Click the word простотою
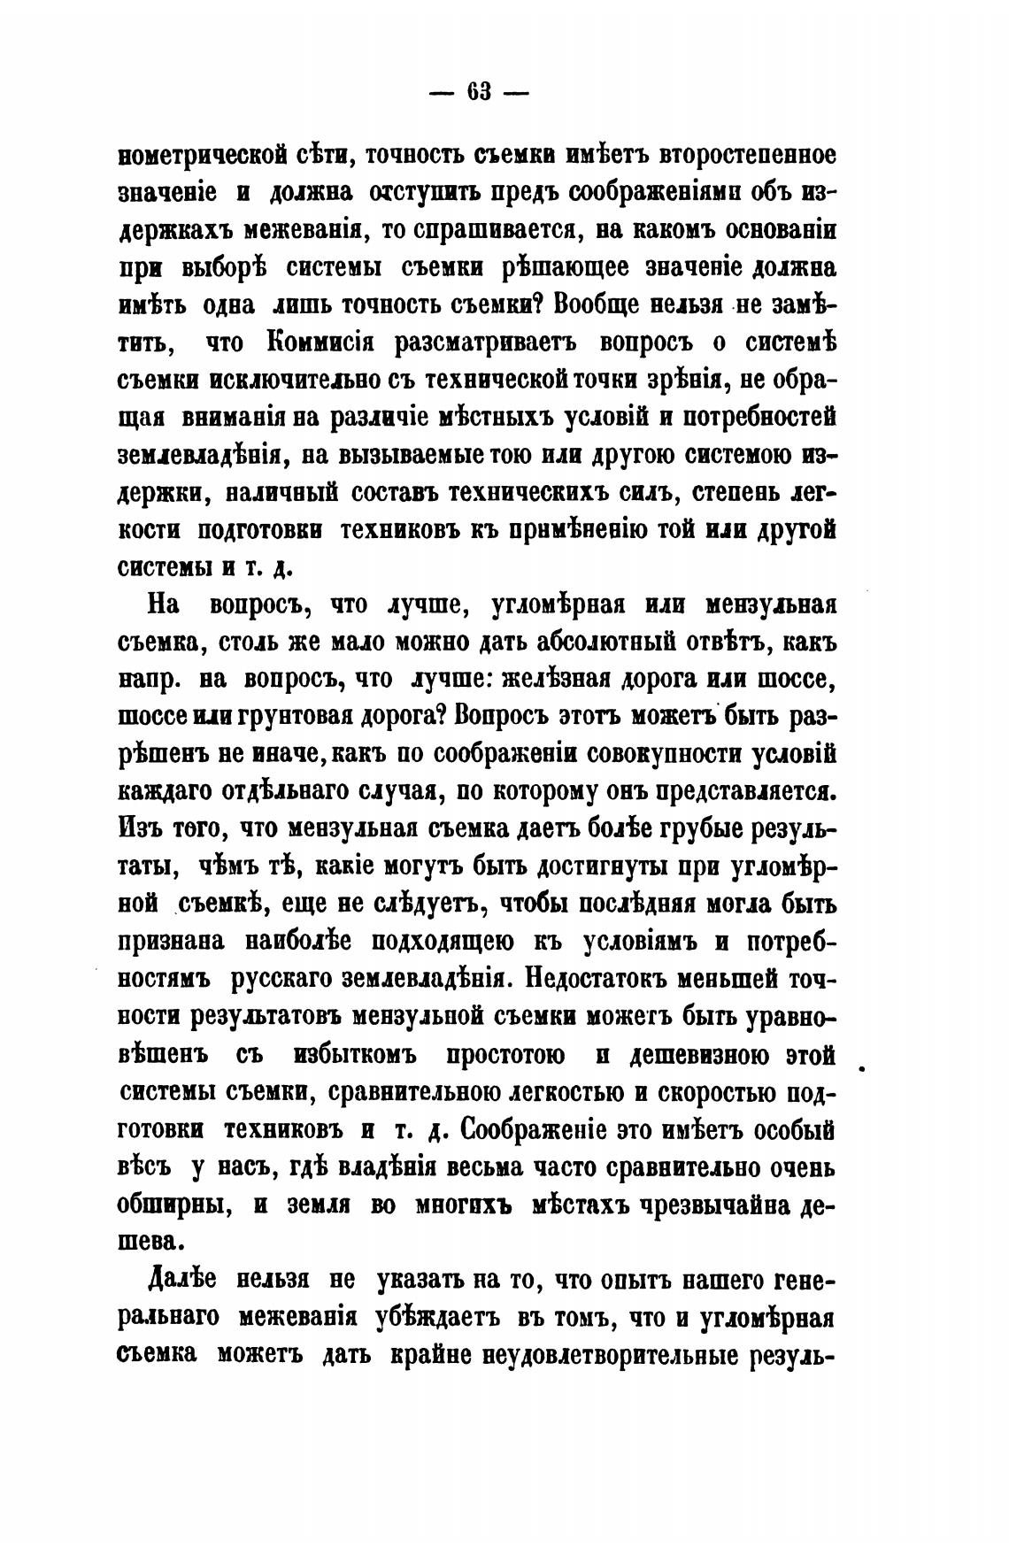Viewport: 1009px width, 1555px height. point(504,1055)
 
